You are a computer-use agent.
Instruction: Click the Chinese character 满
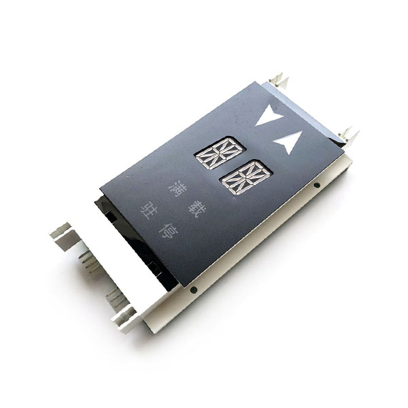177,188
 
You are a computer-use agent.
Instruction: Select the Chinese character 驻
149,211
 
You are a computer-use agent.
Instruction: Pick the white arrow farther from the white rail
269,116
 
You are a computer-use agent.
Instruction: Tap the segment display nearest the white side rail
246,177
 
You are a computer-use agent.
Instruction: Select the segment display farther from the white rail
220,153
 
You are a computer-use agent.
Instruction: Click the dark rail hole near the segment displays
317,185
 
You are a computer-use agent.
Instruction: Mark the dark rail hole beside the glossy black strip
193,289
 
